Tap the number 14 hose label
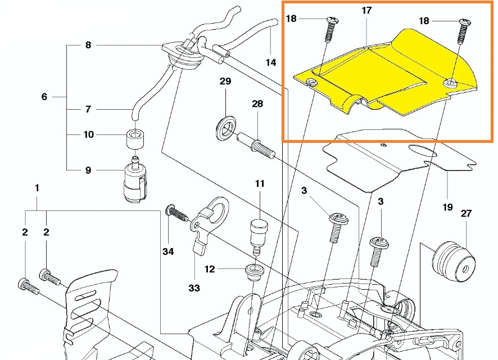(x=271, y=62)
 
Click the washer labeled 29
(x=226, y=125)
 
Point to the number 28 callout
(x=257, y=104)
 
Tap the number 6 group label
(x=44, y=97)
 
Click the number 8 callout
(x=88, y=46)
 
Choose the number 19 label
(x=447, y=207)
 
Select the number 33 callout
(x=194, y=288)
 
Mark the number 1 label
(x=37, y=188)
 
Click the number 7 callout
(x=88, y=109)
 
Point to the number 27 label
(x=466, y=214)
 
